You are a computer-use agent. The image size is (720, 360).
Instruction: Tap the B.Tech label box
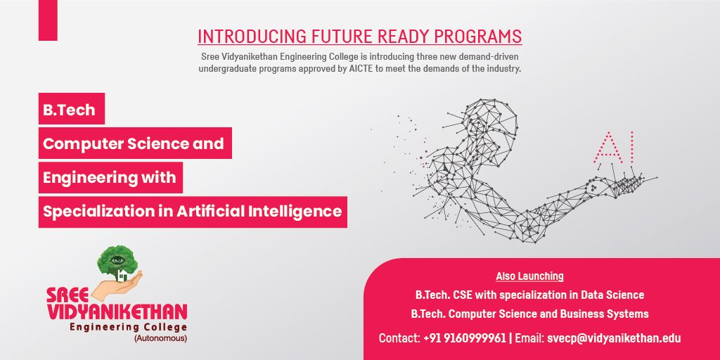point(72,108)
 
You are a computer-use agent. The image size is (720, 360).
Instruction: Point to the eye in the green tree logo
point(117,260)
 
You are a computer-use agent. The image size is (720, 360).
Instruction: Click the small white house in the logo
point(122,276)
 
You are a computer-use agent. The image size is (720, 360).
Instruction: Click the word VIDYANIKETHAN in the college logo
point(117,311)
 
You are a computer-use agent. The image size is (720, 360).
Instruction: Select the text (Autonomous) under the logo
point(160,339)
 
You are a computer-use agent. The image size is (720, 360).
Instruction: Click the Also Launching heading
point(529,276)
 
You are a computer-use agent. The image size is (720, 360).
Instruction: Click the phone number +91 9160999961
point(465,338)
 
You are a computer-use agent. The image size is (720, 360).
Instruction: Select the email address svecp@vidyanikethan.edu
point(614,338)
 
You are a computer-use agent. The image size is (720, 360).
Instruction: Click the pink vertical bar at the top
point(48,20)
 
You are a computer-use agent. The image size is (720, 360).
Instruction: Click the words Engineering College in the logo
point(128,328)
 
